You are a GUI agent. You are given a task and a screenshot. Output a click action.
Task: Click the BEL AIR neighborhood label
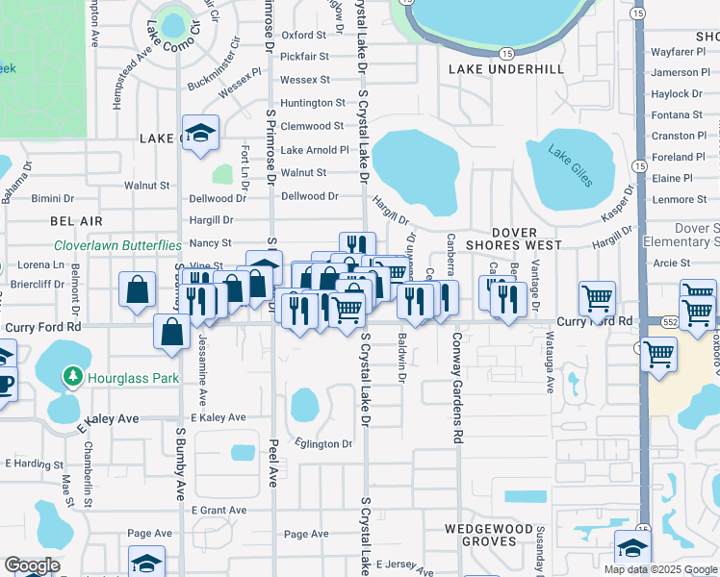point(76,221)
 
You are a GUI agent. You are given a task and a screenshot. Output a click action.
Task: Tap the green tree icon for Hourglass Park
point(70,378)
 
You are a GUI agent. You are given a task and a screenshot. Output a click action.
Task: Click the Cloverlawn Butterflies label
point(117,246)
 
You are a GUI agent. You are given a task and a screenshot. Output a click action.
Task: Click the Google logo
point(31,565)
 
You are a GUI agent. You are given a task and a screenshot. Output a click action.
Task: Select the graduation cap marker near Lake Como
point(200,134)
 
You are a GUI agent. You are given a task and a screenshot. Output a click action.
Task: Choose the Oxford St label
point(304,35)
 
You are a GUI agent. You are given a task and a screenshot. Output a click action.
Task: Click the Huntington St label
point(313,103)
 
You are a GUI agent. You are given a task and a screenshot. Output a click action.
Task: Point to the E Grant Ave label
point(219,510)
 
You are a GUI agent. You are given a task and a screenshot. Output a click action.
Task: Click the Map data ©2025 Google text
point(660,569)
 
